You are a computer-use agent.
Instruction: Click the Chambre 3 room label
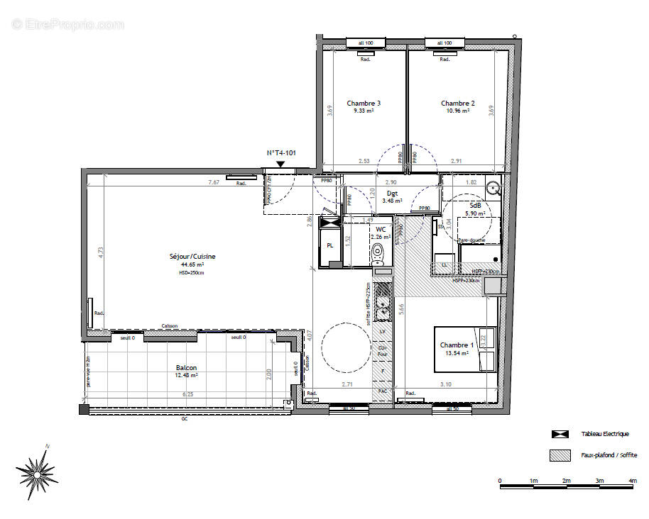click(364, 104)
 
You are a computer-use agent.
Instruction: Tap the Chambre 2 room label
click(457, 104)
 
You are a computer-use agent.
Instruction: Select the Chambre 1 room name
click(457, 345)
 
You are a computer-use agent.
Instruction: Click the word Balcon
click(187, 368)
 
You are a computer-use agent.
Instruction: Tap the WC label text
click(381, 230)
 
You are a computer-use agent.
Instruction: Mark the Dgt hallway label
click(392, 193)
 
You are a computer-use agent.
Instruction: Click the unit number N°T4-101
click(280, 153)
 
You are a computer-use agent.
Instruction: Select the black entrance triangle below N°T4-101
click(280, 164)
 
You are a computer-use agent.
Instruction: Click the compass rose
click(37, 469)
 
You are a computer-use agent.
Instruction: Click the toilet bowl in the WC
click(378, 252)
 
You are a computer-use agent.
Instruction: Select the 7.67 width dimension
click(214, 182)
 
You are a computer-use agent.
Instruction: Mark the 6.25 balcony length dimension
click(187, 394)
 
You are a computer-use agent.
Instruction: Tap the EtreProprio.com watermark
click(67, 24)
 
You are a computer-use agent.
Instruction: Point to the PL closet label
click(330, 245)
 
